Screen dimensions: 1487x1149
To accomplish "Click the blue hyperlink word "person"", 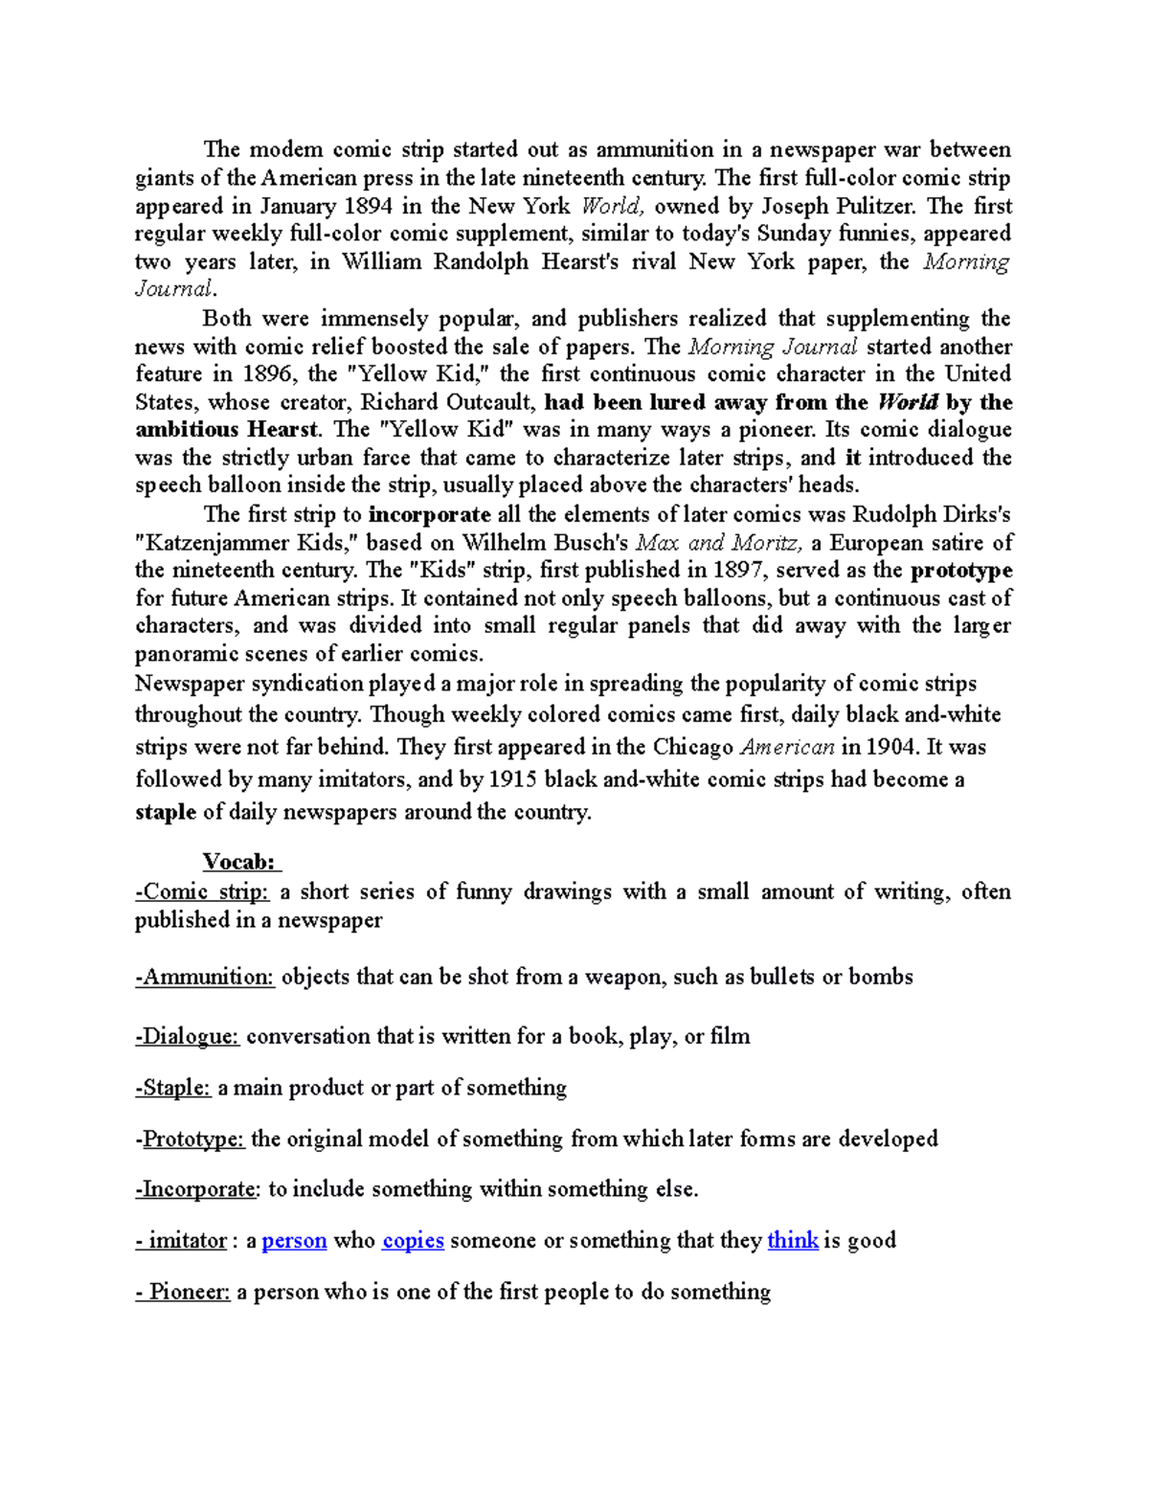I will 294,1241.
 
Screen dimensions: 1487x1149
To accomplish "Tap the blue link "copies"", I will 413,1241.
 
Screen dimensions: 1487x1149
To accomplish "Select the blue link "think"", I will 793,1241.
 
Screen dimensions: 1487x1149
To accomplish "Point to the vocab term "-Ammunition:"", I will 205,978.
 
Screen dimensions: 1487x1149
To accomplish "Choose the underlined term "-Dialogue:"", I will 188,1036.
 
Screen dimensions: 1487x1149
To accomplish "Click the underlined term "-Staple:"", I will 173,1088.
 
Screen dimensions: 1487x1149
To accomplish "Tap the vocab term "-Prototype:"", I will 191,1138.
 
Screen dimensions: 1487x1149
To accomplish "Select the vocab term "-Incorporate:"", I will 197,1189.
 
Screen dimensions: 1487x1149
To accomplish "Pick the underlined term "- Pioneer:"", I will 184,1293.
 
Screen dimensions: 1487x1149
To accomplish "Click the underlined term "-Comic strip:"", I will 202,892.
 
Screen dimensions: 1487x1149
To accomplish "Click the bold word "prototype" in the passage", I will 960,572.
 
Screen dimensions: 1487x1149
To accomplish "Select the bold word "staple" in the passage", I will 166,812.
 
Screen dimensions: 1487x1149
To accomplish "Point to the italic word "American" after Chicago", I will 788,747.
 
